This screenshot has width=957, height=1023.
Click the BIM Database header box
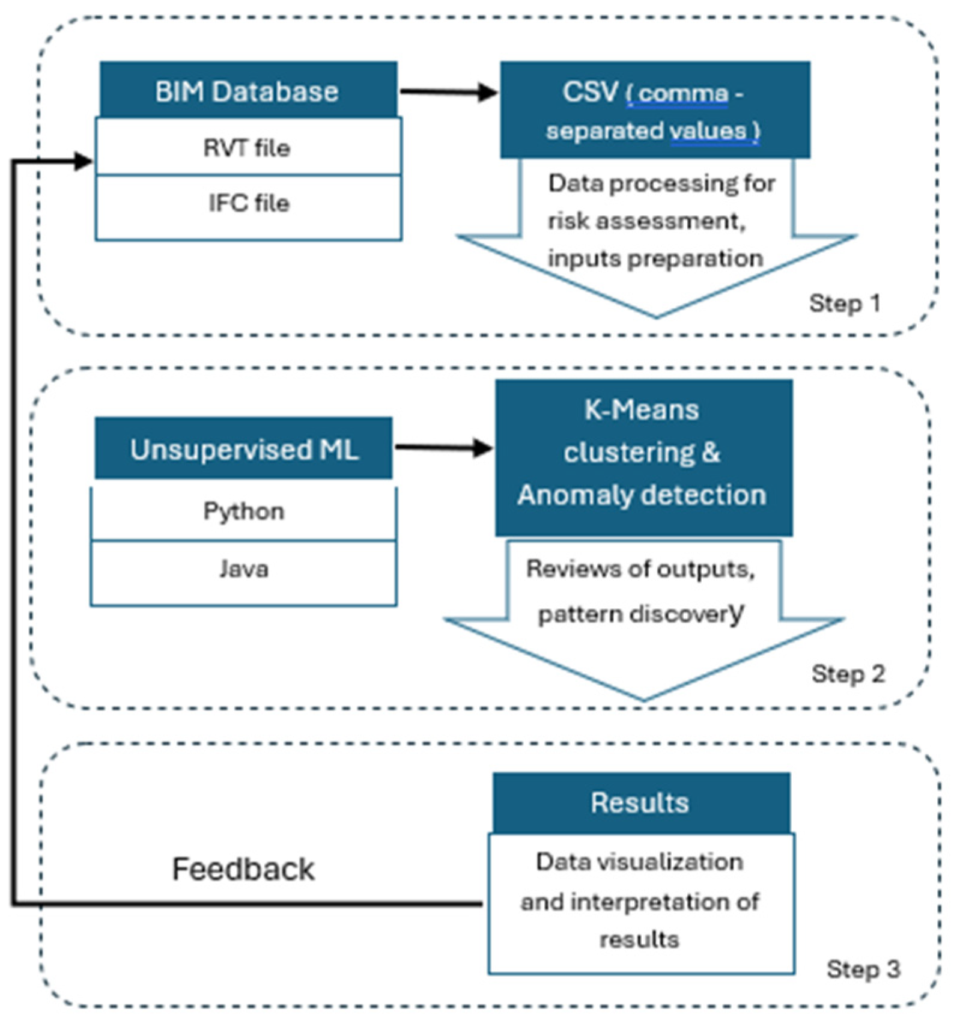(x=248, y=91)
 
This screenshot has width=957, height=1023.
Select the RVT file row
(x=248, y=147)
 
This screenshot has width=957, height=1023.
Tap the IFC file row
(x=248, y=203)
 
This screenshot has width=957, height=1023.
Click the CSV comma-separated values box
(x=655, y=110)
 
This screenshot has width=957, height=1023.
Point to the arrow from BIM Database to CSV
(x=448, y=92)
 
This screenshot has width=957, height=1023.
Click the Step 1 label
(x=844, y=303)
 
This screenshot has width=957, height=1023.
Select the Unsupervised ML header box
(x=244, y=449)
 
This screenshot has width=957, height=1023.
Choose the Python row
(x=244, y=511)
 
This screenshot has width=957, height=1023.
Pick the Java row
(x=244, y=569)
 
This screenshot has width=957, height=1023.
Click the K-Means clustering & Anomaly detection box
(x=643, y=457)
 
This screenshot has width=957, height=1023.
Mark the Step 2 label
(x=848, y=674)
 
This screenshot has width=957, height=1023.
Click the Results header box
(x=640, y=802)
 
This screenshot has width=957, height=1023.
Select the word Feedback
(x=243, y=869)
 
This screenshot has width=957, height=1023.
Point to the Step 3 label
(x=863, y=969)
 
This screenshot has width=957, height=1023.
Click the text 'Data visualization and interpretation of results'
(x=640, y=900)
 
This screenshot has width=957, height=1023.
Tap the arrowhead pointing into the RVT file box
(x=84, y=160)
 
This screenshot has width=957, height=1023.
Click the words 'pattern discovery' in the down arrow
(x=640, y=614)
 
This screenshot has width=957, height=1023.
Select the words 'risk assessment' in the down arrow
(x=645, y=221)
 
